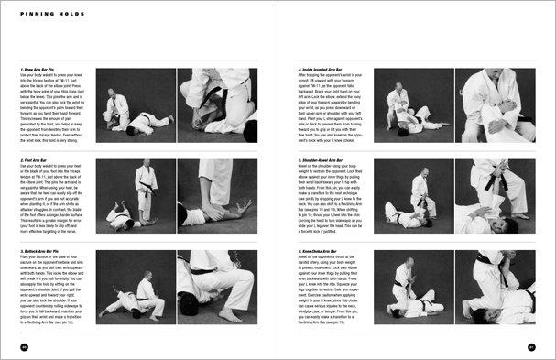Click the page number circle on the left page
(x=24, y=345)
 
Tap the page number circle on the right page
(x=531, y=345)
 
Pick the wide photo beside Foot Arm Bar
(x=135, y=194)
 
